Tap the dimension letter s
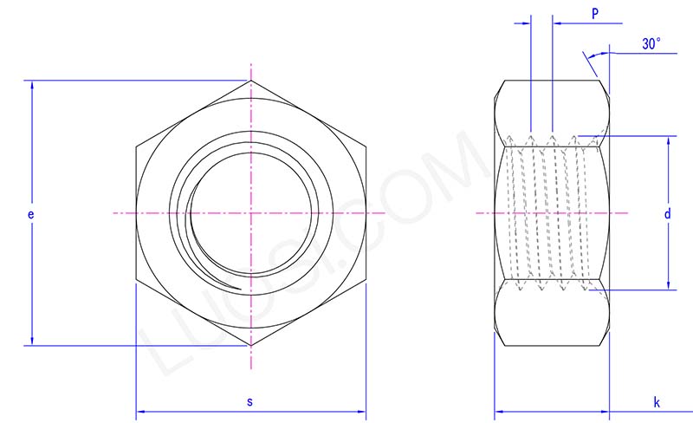pyautogui.click(x=250, y=401)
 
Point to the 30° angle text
pyautogui.click(x=652, y=43)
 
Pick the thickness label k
pyautogui.click(x=657, y=402)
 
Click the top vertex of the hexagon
pyautogui.click(x=251, y=81)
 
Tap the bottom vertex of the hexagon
pyautogui.click(x=251, y=346)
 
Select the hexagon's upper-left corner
pyautogui.click(x=136, y=147)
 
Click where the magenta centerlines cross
pyautogui.click(x=251, y=213)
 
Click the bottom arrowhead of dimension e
pyautogui.click(x=32, y=341)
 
